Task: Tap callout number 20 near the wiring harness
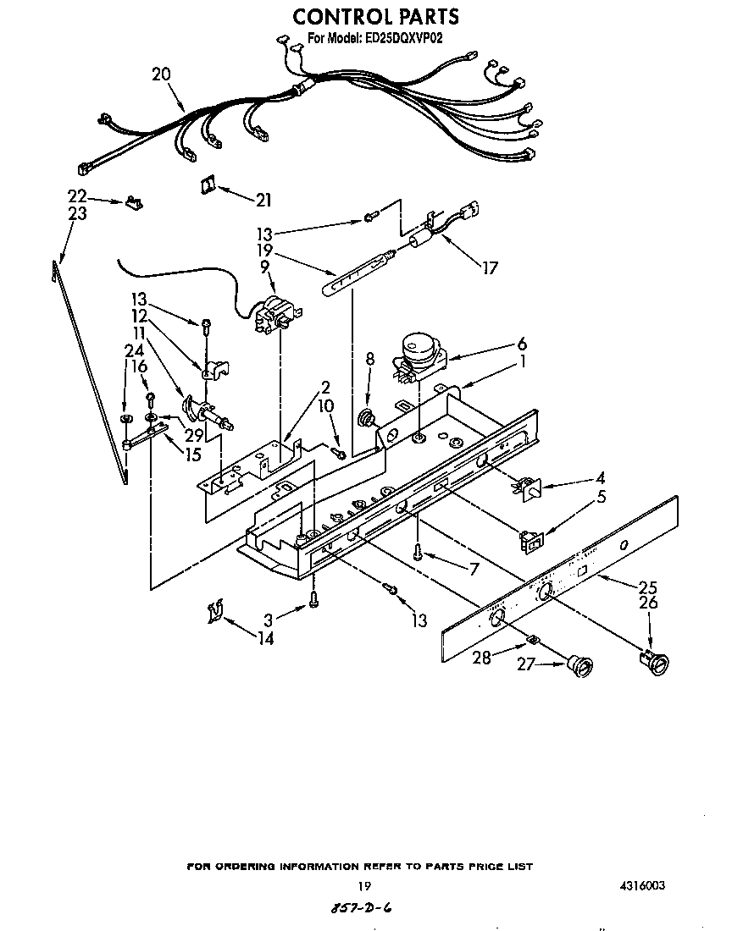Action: [161, 74]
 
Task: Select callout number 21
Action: [263, 201]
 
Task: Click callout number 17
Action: [489, 268]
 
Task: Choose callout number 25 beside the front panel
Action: [648, 587]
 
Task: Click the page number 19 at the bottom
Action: [364, 886]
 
